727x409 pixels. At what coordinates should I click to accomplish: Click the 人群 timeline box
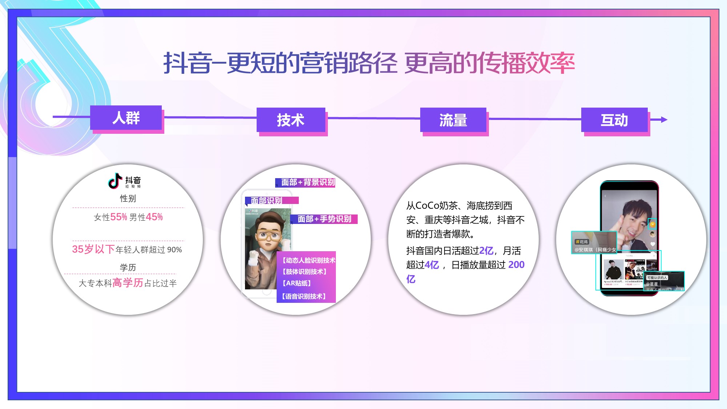[x=126, y=118]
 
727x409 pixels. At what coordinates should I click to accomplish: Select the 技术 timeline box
[x=290, y=120]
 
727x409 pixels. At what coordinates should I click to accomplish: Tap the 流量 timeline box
[x=453, y=120]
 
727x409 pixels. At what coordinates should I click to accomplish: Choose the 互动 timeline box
[x=614, y=120]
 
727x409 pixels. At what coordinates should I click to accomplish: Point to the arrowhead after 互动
[x=664, y=120]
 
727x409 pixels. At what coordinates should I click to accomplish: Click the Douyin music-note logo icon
[x=115, y=181]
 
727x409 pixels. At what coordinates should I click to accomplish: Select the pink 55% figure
[x=119, y=217]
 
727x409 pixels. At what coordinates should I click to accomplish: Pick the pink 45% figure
[x=154, y=217]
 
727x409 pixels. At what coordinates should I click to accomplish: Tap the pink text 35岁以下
[x=93, y=249]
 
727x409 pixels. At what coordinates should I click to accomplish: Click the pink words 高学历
[x=128, y=283]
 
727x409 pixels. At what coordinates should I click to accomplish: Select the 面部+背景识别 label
[x=308, y=182]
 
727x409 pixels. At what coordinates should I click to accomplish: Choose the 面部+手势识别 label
[x=324, y=219]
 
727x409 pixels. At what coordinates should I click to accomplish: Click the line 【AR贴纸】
[x=296, y=283]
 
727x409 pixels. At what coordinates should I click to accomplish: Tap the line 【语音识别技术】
[x=304, y=296]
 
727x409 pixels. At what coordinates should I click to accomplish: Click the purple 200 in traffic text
[x=516, y=265]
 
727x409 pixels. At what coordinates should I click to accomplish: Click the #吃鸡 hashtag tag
[x=582, y=242]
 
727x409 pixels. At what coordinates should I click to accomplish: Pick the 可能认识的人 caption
[x=657, y=277]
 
